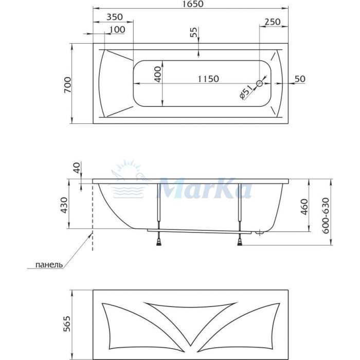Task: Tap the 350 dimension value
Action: pos(115,17)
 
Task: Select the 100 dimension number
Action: pos(117,29)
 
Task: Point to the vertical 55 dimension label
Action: pos(193,32)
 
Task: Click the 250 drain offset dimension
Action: pos(273,22)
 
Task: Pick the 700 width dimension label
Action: pos(68,85)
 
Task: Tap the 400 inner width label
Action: pos(158,75)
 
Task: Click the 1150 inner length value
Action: pos(208,79)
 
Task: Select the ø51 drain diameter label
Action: pos(246,92)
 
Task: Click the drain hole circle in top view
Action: pos(259,83)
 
